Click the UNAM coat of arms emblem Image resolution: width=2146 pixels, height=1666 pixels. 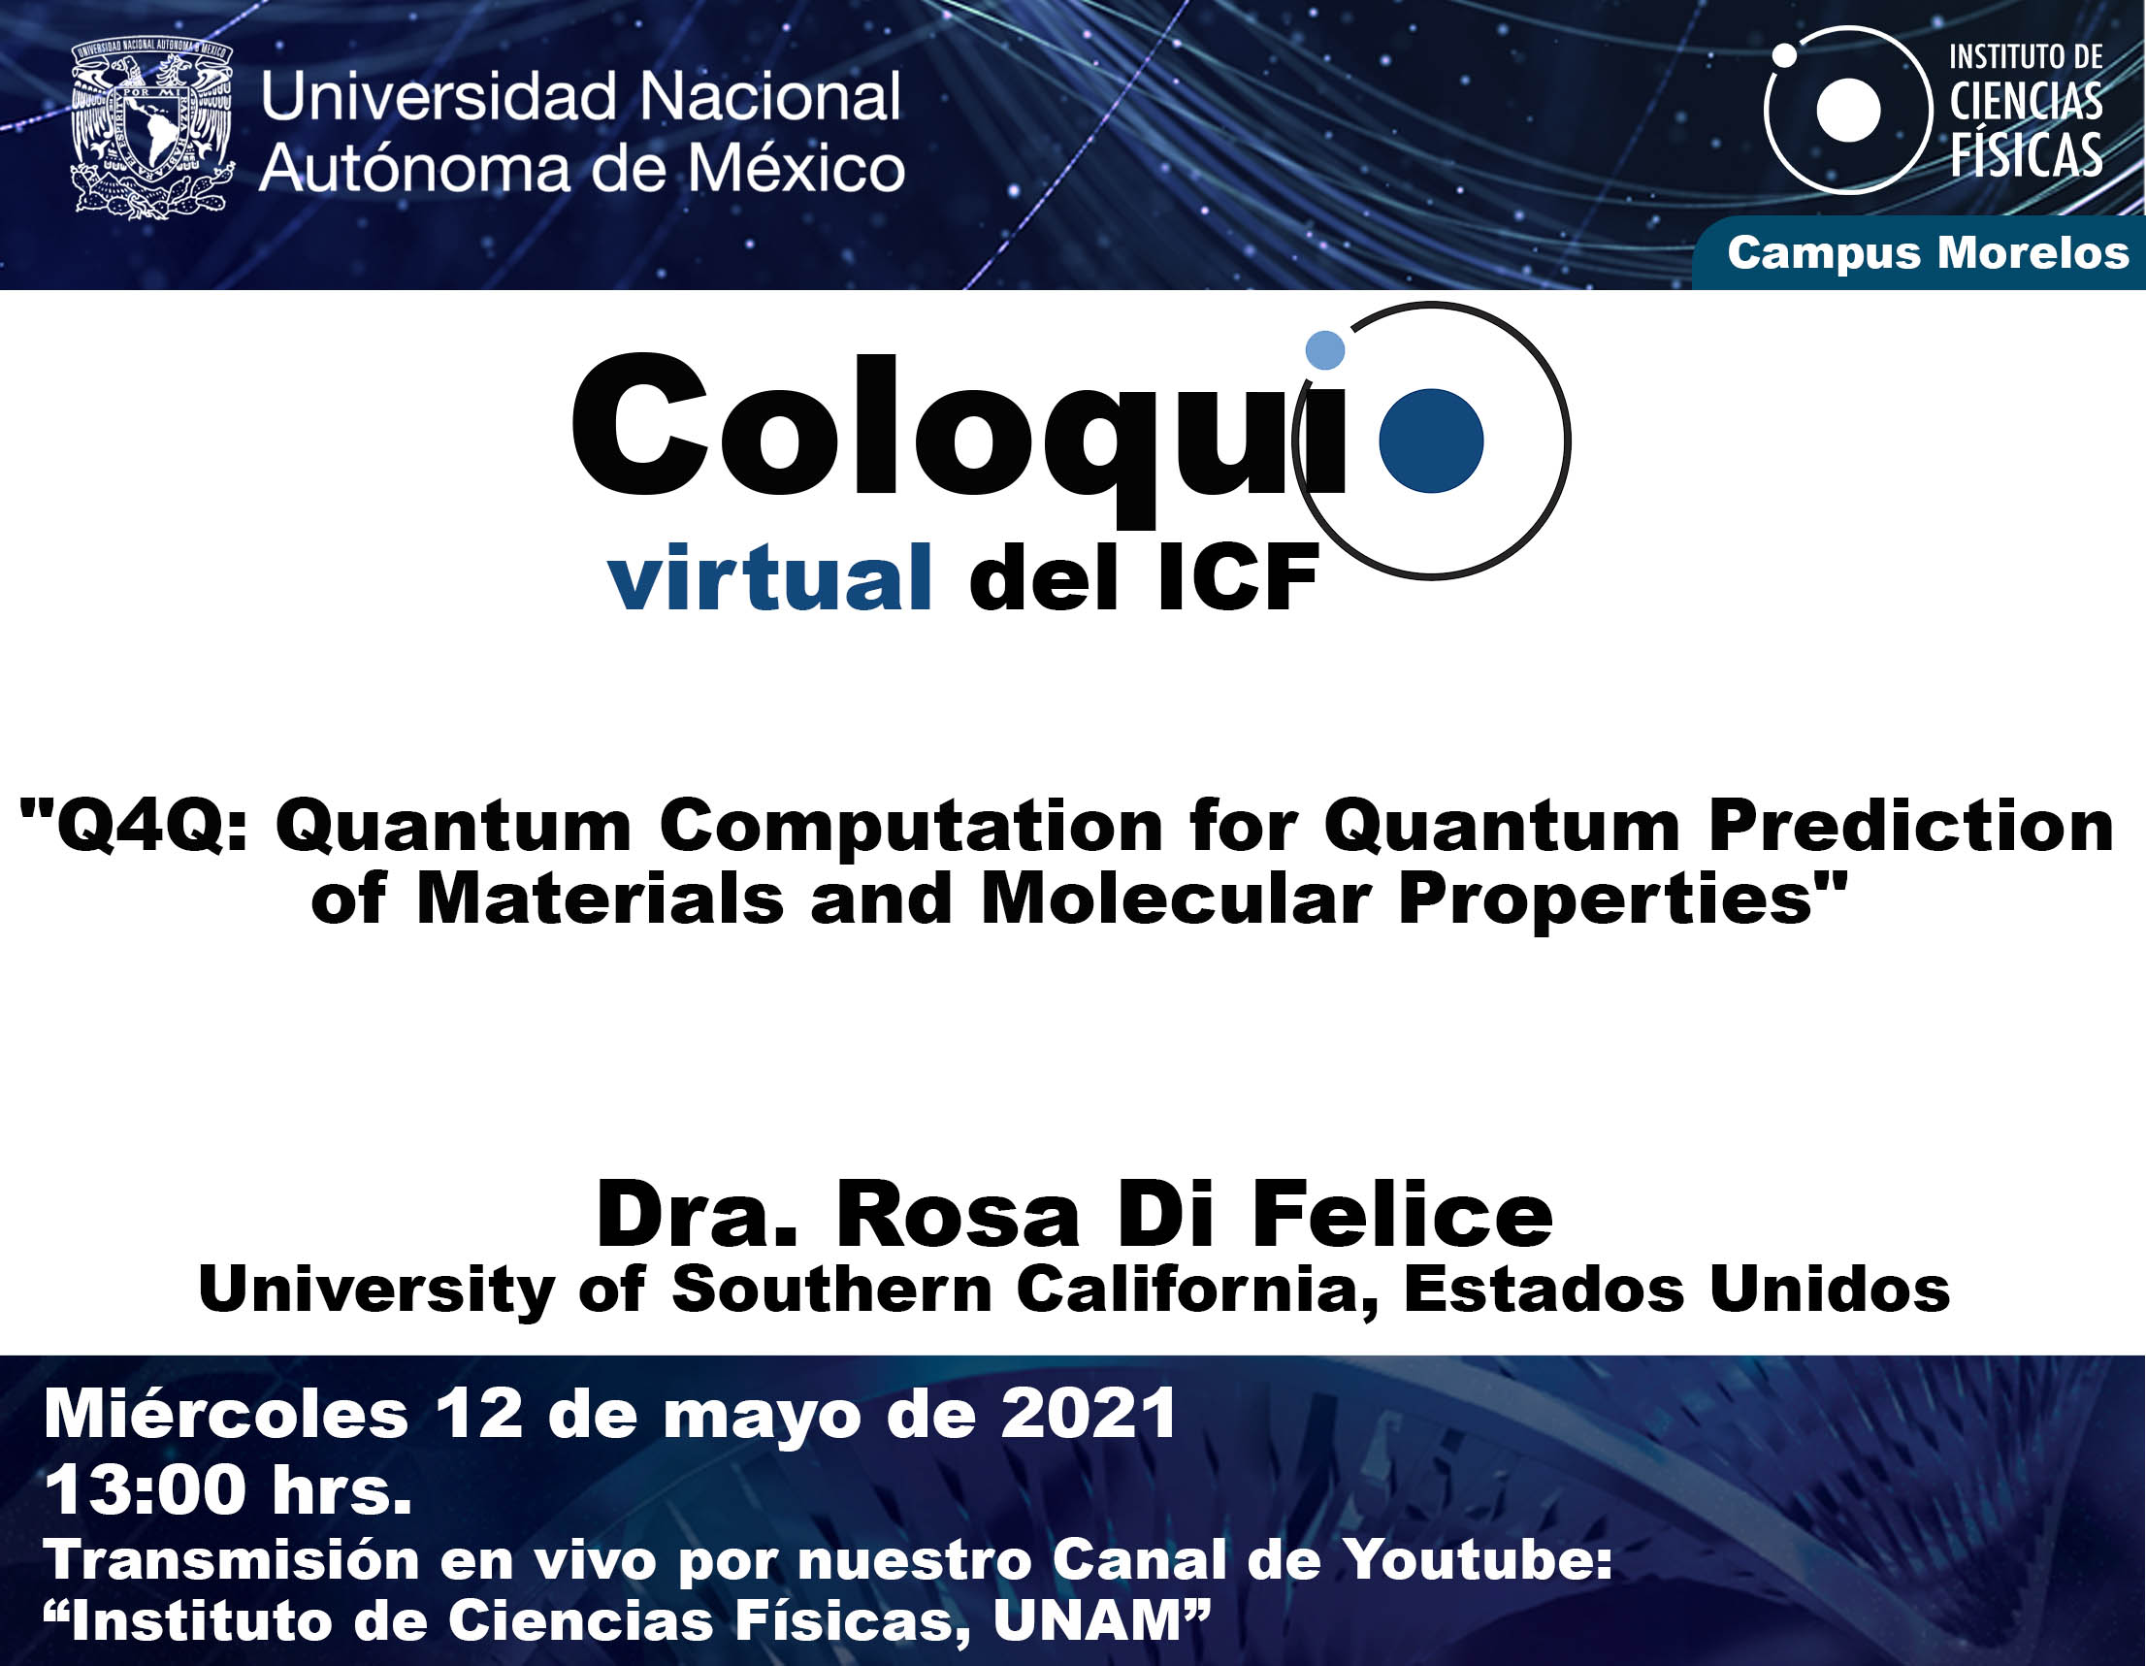[152, 127]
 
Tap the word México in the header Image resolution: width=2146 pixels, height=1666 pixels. [795, 168]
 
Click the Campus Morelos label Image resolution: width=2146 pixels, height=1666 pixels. [1928, 252]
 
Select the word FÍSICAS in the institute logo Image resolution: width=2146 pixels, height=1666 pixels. [2026, 155]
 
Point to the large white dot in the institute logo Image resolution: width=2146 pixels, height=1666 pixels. [1847, 110]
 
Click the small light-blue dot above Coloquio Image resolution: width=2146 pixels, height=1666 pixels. [1324, 350]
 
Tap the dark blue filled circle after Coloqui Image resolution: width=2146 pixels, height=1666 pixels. [1431, 441]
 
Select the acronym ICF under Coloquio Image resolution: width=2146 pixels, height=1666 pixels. [1237, 579]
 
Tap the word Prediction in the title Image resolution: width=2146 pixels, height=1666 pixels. [1911, 825]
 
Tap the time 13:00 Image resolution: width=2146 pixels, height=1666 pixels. [145, 1490]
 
